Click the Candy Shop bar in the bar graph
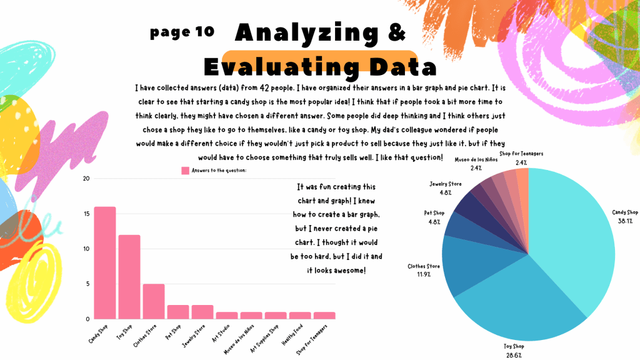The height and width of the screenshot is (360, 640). click(105, 262)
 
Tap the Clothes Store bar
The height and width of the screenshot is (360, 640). click(154, 301)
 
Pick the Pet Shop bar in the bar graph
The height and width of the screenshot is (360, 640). click(178, 312)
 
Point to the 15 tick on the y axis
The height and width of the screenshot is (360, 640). click(86, 214)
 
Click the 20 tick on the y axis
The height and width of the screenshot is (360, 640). click(86, 179)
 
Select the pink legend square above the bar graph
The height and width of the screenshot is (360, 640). click(185, 170)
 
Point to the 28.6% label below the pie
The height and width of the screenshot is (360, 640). click(514, 354)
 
